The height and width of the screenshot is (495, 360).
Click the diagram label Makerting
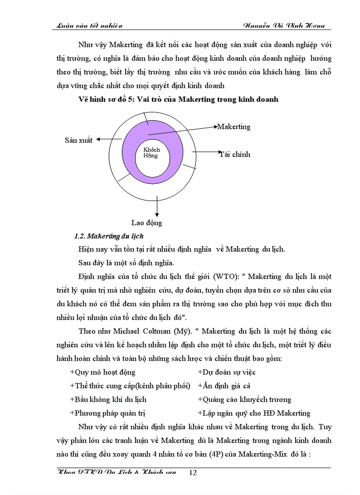(234, 127)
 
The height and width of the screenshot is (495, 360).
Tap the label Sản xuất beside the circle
(79, 140)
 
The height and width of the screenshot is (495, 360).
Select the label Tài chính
(235, 154)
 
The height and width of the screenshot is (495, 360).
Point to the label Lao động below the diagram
(146, 223)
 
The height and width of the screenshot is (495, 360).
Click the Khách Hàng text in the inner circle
(151, 153)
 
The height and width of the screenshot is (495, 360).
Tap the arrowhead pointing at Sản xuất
(99, 139)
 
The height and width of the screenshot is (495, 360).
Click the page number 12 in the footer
(192, 473)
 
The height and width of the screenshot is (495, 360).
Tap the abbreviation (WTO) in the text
(227, 277)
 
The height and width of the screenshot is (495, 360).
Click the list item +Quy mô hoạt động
(102, 372)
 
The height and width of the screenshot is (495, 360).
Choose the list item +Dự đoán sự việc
(226, 372)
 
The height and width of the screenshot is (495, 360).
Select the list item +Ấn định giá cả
(224, 386)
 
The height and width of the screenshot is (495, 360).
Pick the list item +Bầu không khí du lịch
(108, 399)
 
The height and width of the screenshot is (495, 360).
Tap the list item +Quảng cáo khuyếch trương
(244, 399)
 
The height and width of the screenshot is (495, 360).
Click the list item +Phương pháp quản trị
(108, 413)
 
